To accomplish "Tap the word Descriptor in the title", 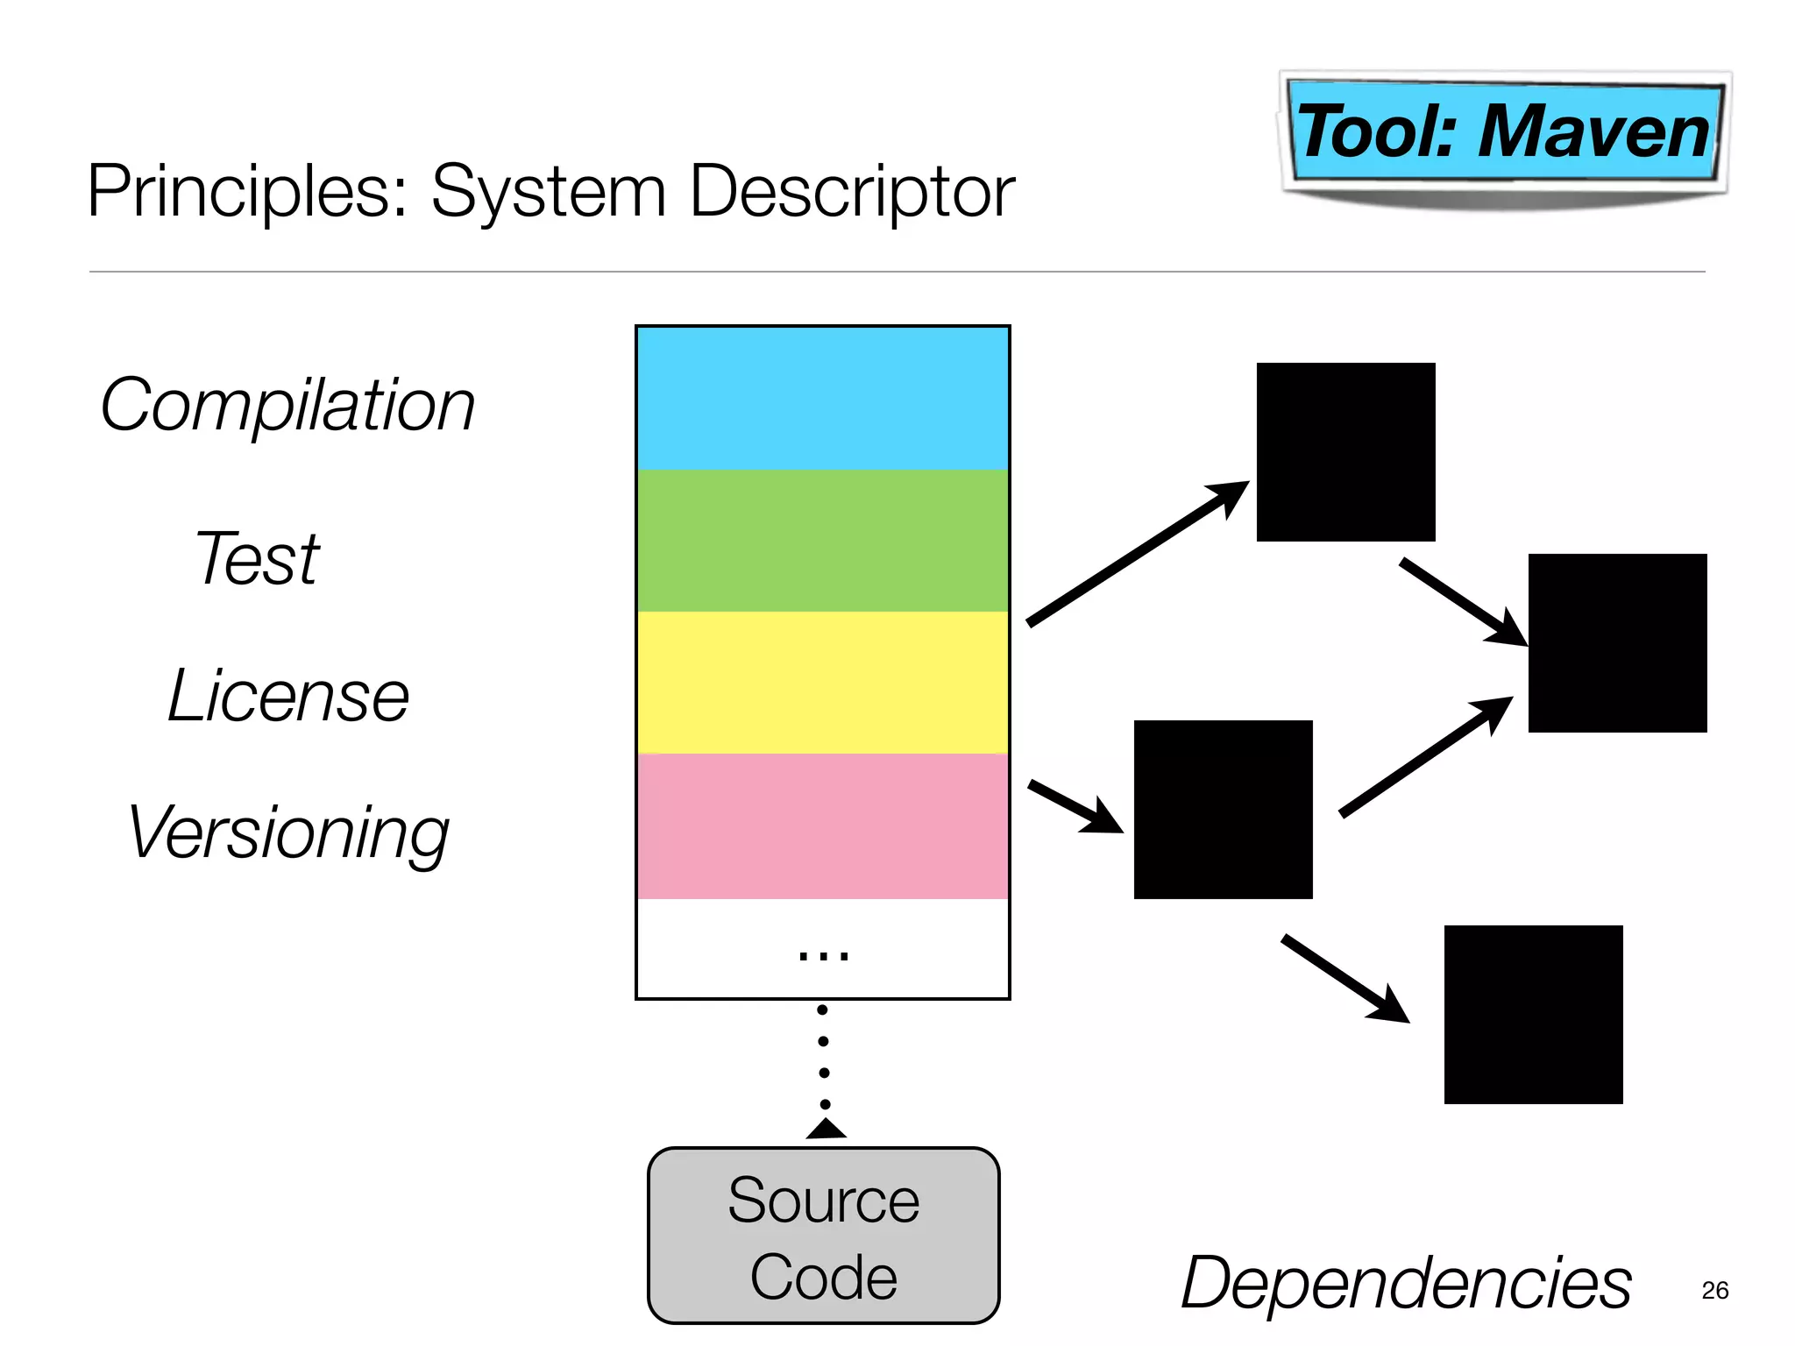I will (x=852, y=192).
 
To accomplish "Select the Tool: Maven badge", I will (x=1503, y=131).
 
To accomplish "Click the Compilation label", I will (x=287, y=406).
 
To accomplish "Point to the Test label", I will (x=257, y=558).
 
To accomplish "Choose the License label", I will (x=287, y=696).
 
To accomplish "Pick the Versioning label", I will (x=287, y=832).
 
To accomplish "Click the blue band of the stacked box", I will (x=822, y=399).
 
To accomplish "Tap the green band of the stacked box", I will (x=822, y=541).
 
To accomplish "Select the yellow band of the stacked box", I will (x=822, y=683).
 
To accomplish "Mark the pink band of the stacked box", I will (x=822, y=826).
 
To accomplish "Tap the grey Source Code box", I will (x=823, y=1236).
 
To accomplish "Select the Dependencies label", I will (x=1405, y=1283).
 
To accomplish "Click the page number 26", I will (x=1714, y=1290).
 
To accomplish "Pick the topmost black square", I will (x=1345, y=452).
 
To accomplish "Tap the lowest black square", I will (x=1533, y=1015).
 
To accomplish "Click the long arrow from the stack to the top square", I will (x=1137, y=554).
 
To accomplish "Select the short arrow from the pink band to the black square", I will (x=1075, y=806).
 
